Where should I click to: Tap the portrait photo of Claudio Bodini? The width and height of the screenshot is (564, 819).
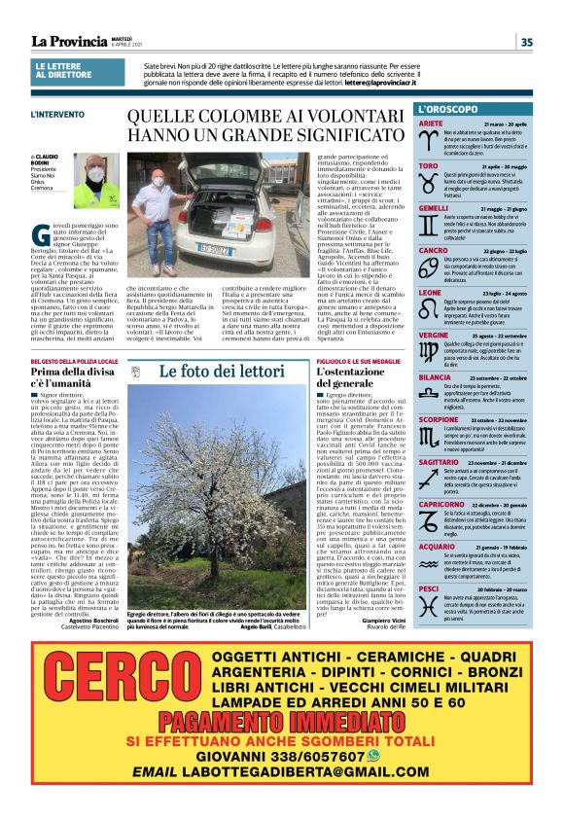pyautogui.click(x=96, y=181)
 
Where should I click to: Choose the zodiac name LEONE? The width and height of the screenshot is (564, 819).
pyautogui.click(x=430, y=292)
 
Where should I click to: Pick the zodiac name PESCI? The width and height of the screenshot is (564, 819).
pyautogui.click(x=429, y=588)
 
